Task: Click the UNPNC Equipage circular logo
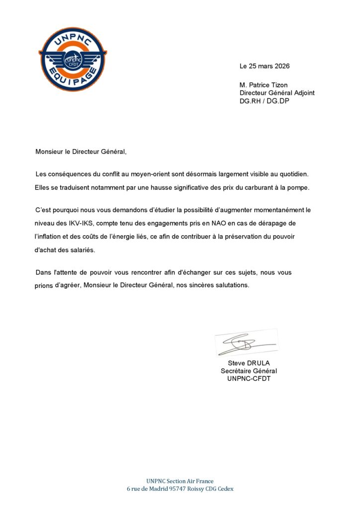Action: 73,60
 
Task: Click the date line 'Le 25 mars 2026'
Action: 265,66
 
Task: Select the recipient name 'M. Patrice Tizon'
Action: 264,85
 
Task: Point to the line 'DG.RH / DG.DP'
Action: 264,101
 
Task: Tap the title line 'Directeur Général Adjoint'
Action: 277,93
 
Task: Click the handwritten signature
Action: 247,343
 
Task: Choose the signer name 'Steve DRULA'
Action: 249,363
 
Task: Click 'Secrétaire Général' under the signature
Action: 249,371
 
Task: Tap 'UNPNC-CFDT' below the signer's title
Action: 249,379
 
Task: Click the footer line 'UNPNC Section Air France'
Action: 180,481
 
